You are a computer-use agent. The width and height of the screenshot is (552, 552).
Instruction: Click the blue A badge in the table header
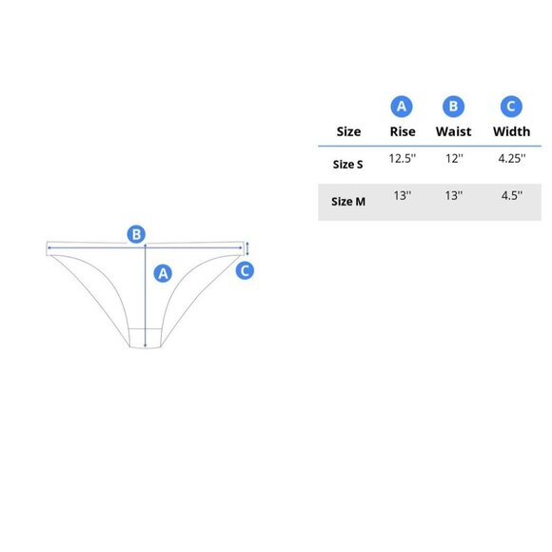tap(402, 107)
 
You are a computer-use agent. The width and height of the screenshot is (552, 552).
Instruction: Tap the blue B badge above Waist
tap(453, 107)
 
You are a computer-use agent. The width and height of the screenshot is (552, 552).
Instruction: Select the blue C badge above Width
tap(511, 107)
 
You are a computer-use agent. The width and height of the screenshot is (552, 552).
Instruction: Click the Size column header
tap(348, 131)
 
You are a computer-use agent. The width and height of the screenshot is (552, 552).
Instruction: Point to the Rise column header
tap(403, 131)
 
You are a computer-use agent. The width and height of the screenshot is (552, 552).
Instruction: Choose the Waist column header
tap(453, 131)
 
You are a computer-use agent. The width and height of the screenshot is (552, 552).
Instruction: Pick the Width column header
tap(511, 131)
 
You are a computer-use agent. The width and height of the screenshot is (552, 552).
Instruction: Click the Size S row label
tap(347, 165)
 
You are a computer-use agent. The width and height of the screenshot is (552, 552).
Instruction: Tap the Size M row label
tap(348, 202)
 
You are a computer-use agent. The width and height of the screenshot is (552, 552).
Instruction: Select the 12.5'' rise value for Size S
tap(403, 158)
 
